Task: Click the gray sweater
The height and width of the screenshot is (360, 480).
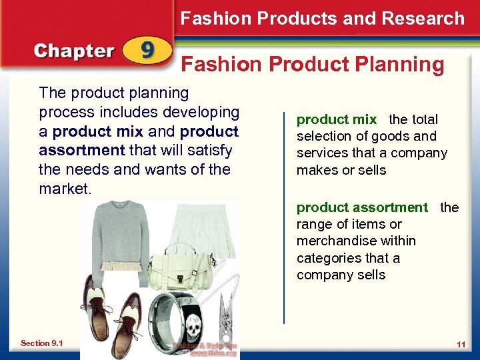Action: point(124,233)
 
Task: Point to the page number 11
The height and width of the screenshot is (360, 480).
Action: point(461,343)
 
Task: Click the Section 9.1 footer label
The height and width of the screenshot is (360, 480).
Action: point(41,343)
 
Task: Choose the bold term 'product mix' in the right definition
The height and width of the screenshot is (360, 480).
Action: point(337,119)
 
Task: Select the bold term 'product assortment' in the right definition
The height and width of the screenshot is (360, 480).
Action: point(362,207)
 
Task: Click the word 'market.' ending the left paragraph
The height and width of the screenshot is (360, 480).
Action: point(65,189)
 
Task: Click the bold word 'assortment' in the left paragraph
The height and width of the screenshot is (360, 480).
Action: point(82,151)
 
